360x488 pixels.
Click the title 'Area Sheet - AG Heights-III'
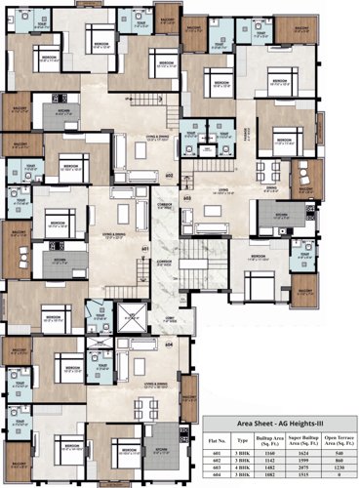280,427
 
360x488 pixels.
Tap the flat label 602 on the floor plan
169,177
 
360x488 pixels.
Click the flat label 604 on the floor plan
169,345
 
